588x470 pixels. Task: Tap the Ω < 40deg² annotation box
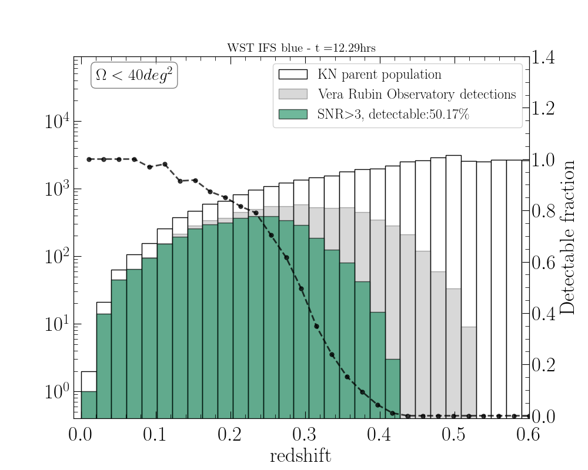134,76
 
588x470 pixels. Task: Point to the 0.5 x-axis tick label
453,435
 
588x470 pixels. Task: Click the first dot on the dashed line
89,159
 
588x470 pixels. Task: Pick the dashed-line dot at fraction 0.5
301,288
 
